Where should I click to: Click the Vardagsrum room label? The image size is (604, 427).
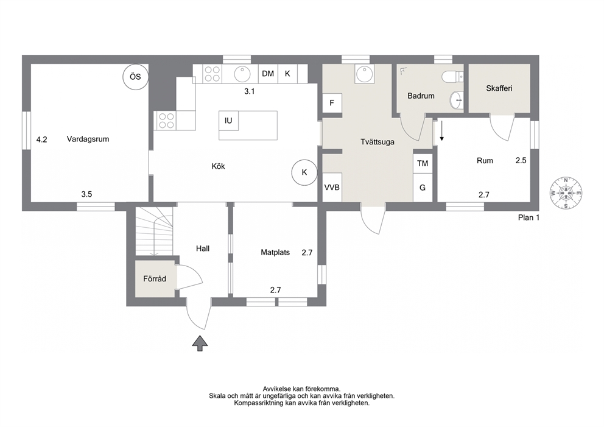pos(88,139)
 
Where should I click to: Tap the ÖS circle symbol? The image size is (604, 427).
pos(135,77)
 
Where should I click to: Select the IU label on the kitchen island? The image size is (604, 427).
pos(228,121)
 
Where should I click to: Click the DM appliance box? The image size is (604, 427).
pos(268,73)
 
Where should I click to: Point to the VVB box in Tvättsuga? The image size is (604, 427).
pos(332,187)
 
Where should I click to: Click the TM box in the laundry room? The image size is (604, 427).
pos(423,163)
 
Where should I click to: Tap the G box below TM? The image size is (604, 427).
pos(423,188)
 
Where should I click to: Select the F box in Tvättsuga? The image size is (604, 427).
pos(332,103)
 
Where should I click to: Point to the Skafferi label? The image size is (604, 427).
pos(499,88)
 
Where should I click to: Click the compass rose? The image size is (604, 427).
pos(566,193)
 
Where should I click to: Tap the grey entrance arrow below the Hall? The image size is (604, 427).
pos(200,343)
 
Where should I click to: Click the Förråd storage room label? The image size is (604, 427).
pos(155,278)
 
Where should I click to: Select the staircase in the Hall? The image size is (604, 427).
pos(153,231)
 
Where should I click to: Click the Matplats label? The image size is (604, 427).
pos(275,253)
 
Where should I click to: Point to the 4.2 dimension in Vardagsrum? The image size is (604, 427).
pos(41,139)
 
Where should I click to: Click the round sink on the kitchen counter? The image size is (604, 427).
pos(243,74)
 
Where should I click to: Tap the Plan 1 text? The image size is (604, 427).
pos(528,217)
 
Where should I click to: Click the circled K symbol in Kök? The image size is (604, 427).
pos(304,172)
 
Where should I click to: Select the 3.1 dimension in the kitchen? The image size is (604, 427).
pos(249,91)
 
